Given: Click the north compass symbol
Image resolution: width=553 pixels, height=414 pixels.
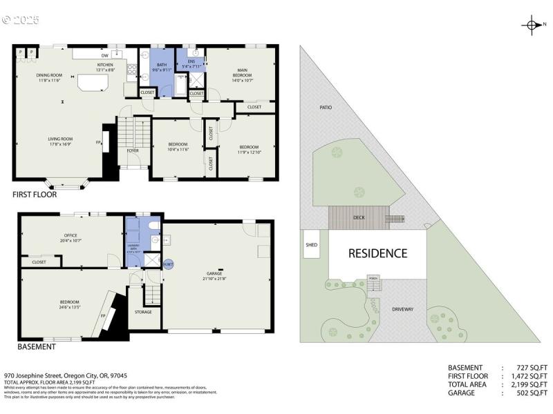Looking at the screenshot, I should [x=532, y=26].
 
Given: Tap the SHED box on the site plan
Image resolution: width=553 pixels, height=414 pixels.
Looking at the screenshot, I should [x=312, y=244].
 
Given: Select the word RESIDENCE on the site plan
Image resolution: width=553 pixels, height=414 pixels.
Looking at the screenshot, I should [x=377, y=253].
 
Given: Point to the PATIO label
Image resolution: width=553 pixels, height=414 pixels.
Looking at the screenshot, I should [x=326, y=108].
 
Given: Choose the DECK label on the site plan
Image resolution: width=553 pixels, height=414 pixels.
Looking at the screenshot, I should [x=358, y=217].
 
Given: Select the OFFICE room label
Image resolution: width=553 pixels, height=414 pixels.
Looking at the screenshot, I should [x=71, y=236].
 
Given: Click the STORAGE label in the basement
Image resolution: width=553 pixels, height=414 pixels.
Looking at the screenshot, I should [x=144, y=312].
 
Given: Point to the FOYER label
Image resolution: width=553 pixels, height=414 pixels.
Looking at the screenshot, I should [x=133, y=150].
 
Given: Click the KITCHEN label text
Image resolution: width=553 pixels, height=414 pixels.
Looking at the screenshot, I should [x=104, y=65].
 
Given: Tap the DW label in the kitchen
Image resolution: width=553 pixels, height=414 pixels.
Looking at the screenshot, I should [x=104, y=55].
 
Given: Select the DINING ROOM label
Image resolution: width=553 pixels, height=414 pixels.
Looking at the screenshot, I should [x=50, y=75].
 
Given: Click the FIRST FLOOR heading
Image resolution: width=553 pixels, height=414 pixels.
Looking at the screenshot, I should [x=35, y=195].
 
